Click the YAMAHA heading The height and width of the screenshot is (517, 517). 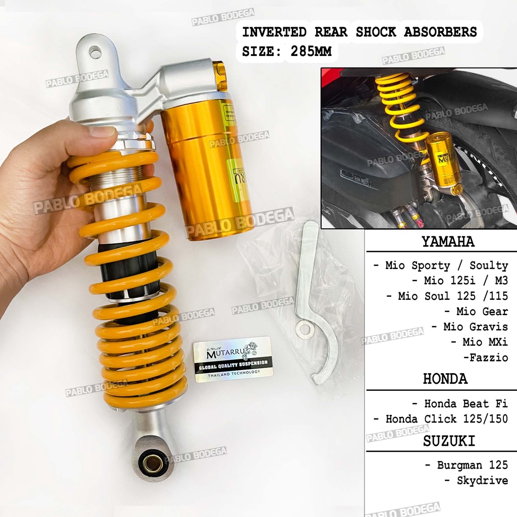448,242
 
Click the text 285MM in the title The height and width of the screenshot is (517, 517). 308,51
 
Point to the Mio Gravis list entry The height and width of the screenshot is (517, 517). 470,327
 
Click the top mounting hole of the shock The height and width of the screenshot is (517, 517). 95,51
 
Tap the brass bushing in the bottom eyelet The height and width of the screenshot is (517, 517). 152,462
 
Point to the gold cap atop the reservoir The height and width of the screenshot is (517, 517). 220,76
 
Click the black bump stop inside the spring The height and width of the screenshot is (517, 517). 128,273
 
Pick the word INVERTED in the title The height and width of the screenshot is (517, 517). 274,32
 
